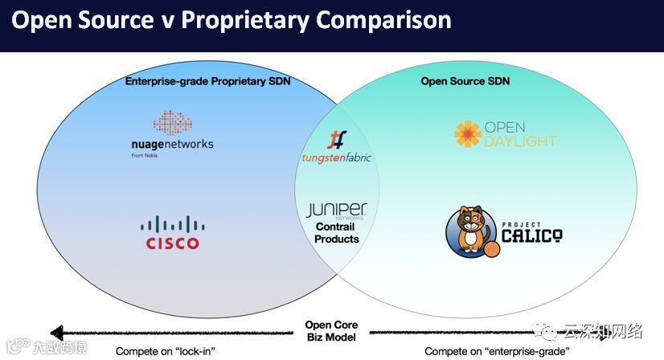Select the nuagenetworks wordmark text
pyautogui.click(x=172, y=145)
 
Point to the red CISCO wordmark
pyautogui.click(x=172, y=243)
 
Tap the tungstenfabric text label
pyautogui.click(x=336, y=157)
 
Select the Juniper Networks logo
pyautogui.click(x=336, y=211)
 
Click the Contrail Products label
pyautogui.click(x=336, y=234)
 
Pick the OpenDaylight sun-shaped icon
pyautogui.click(x=467, y=135)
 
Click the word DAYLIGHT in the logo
pyautogui.click(x=519, y=141)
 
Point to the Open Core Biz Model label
pyautogui.click(x=331, y=331)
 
